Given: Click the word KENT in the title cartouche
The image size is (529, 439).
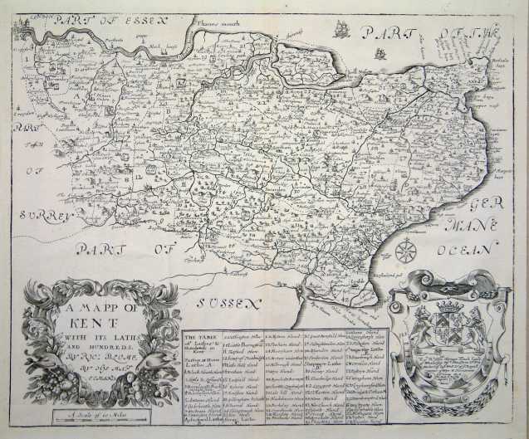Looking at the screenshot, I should click(94, 319).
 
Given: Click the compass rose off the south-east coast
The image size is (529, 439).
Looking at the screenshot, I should click(405, 250).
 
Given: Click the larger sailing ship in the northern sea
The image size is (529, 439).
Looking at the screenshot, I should click(341, 32).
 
